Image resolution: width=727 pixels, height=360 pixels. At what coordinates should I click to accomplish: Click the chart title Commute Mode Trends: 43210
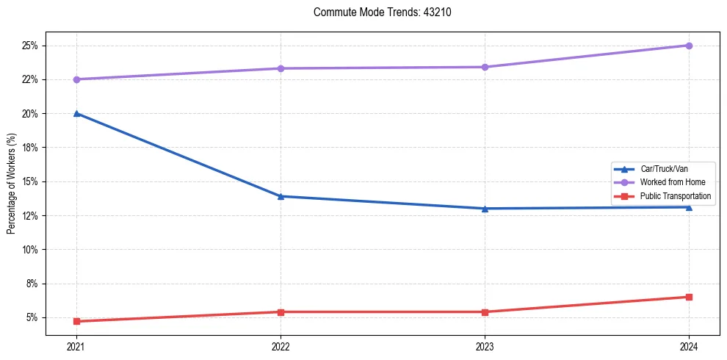(377, 12)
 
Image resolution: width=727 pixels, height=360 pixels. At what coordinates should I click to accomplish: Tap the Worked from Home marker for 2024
(689, 46)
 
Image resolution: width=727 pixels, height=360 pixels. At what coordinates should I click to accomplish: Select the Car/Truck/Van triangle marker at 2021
(76, 113)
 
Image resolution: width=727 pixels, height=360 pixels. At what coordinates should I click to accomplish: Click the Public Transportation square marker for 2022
(281, 312)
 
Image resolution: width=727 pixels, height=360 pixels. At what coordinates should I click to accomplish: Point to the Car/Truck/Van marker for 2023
(485, 208)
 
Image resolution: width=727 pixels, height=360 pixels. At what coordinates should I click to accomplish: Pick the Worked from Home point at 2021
(76, 79)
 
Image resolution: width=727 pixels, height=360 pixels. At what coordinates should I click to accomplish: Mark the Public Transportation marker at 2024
(689, 297)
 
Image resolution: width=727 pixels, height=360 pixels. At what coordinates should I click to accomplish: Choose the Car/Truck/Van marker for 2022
(281, 196)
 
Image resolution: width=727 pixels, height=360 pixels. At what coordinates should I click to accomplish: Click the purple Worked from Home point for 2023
(485, 67)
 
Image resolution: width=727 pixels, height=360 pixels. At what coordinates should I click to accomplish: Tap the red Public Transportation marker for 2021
(76, 321)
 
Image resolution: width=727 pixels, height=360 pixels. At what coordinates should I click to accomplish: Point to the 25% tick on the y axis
(30, 46)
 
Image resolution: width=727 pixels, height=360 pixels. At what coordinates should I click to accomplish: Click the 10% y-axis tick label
(30, 250)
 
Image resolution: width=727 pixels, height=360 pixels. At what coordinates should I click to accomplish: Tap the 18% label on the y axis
(30, 148)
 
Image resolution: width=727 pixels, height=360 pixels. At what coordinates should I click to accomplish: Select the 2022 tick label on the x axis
(281, 346)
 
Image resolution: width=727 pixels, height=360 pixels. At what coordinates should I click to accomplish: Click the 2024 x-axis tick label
(689, 346)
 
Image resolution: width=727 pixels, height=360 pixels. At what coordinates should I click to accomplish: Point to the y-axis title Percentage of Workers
(12, 184)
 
